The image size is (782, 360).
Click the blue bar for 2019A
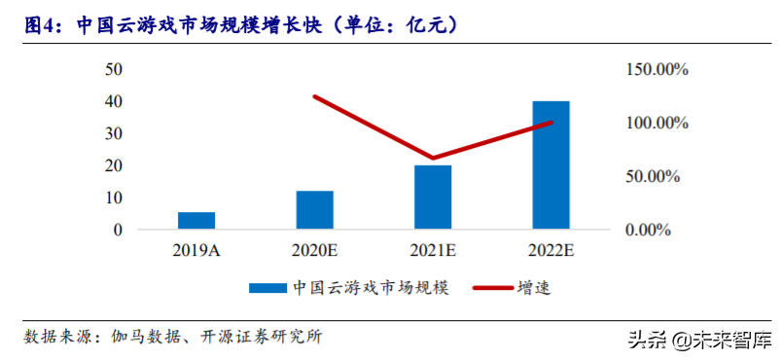[196, 221]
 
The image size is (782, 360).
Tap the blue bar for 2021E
[433, 198]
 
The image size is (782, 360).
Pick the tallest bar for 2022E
[551, 165]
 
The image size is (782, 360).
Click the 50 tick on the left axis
[114, 69]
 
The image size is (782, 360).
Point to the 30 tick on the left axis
[114, 134]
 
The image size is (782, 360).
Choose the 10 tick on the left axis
[114, 198]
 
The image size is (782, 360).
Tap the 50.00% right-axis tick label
[658, 177]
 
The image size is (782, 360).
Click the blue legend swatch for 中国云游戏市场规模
[266, 288]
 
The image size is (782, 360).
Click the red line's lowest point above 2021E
[433, 158]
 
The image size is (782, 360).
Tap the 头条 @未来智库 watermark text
[700, 340]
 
